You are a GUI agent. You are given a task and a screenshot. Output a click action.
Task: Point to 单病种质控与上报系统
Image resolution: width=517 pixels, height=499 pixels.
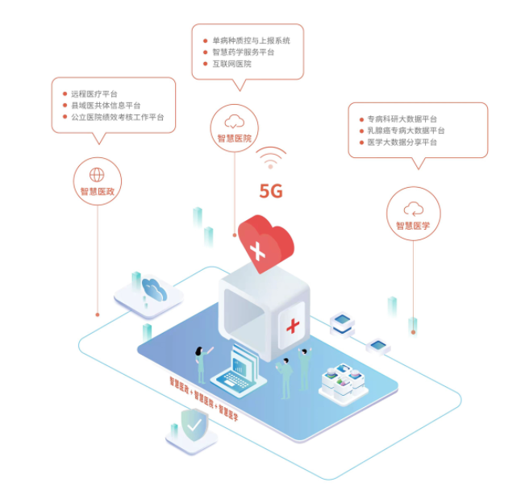tap(251, 40)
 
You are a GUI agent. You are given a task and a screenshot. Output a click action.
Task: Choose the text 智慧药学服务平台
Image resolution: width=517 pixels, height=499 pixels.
tap(243, 52)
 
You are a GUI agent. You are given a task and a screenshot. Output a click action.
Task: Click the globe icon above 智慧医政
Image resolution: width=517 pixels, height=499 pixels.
tap(97, 173)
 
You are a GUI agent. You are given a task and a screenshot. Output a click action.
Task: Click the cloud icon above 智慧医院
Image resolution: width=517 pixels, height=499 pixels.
tap(235, 122)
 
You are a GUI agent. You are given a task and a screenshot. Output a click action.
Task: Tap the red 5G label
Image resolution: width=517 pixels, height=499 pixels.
tap(271, 191)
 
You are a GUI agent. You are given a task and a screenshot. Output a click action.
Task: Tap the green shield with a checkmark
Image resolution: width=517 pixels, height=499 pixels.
tap(192, 424)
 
